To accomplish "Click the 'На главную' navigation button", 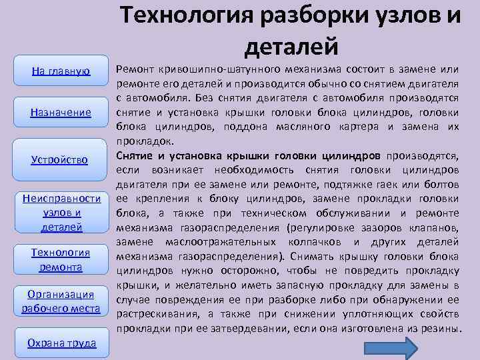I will [x=61, y=71].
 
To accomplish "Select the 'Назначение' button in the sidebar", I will [x=61, y=112].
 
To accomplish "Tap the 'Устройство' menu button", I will [x=60, y=159].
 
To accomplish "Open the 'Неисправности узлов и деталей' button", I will [x=61, y=213].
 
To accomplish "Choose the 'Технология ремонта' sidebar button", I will [x=61, y=259].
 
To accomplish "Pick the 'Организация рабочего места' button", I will [x=61, y=301].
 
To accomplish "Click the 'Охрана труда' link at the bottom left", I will [x=61, y=343].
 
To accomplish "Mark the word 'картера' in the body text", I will [x=401, y=126].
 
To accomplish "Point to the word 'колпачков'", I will [x=319, y=242].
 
